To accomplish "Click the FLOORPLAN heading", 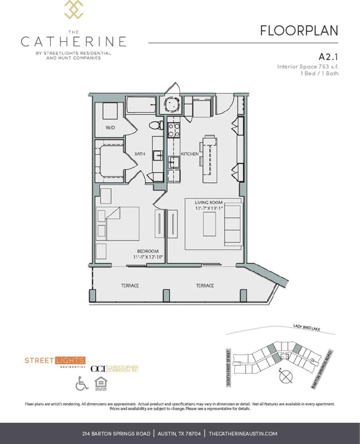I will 299,31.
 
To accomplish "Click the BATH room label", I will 140,154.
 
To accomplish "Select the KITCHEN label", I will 190,154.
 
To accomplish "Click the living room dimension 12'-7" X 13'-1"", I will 208,208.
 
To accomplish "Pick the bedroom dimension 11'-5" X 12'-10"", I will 148,257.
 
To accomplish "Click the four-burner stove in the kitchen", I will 173,130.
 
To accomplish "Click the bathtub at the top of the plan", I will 141,105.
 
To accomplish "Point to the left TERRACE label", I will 130,286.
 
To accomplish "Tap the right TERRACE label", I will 205,286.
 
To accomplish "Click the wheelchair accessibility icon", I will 82,383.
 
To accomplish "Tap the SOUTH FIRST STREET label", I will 229,367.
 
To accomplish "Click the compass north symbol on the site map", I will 286,376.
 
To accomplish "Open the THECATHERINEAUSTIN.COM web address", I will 243,433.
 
